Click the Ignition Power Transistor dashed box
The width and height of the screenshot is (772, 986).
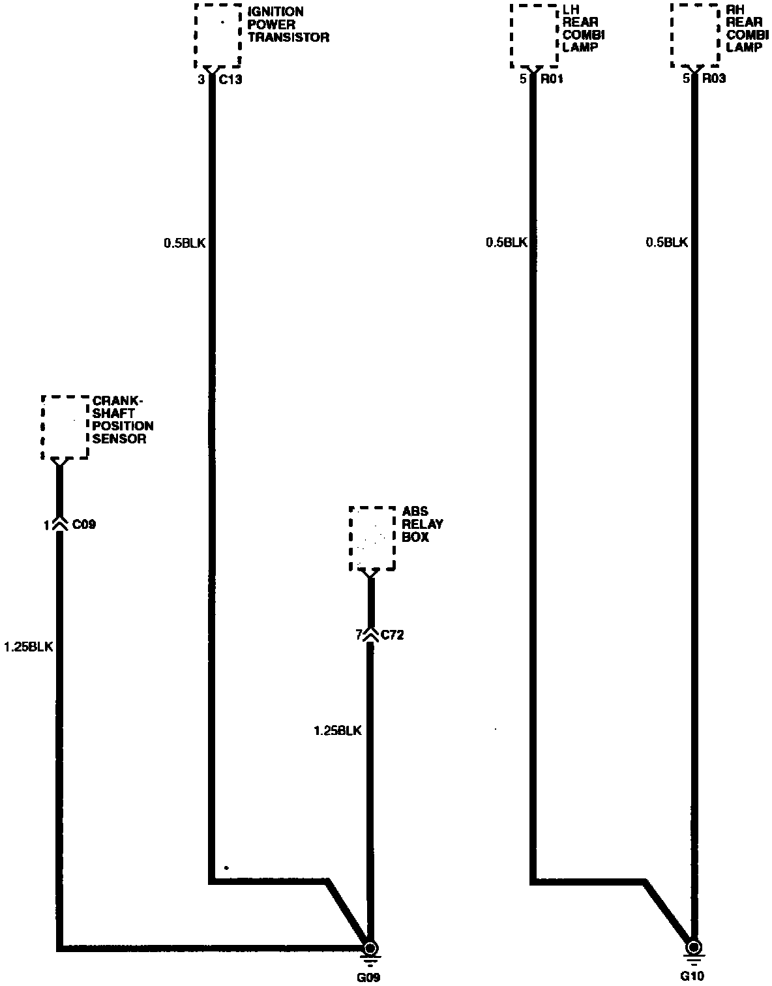(x=218, y=36)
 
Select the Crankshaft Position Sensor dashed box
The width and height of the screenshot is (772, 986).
(x=65, y=427)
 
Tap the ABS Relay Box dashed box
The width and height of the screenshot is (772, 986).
(x=372, y=538)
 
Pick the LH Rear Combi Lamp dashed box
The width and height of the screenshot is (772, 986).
(x=534, y=36)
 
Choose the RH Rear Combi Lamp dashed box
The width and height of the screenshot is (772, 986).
(x=695, y=36)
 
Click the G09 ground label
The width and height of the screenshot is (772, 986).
(x=368, y=977)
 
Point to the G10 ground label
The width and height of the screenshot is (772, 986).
(x=693, y=977)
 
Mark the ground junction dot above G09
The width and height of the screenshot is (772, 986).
(x=370, y=948)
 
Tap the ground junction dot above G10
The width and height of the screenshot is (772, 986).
(x=694, y=947)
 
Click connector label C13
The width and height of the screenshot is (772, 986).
(x=230, y=80)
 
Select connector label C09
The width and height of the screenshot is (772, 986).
(x=84, y=524)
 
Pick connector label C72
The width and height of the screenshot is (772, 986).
(x=392, y=635)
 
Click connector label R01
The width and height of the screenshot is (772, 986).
(x=552, y=80)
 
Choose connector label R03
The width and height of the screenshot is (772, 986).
(x=713, y=80)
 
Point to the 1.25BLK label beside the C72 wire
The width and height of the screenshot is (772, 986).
(x=337, y=731)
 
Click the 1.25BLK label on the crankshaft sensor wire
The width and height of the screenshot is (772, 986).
(x=28, y=647)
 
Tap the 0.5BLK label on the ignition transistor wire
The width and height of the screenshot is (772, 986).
(x=185, y=243)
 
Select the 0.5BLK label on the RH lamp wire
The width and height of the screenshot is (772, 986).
(x=667, y=243)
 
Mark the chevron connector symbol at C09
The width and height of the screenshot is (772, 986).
(x=59, y=524)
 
